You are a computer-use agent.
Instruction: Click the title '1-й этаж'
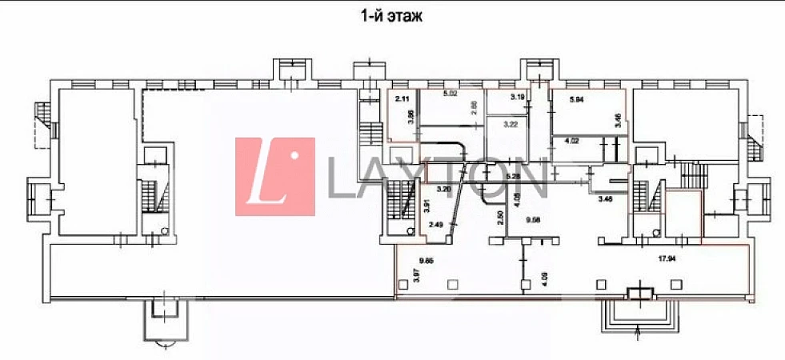pos(391,15)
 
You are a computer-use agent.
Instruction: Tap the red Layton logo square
pos(274,177)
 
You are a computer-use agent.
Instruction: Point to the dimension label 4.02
pos(572,141)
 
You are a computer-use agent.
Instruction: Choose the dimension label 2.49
pos(436,225)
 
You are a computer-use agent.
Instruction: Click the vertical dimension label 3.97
pos(415,275)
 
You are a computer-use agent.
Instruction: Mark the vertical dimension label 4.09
pos(546,279)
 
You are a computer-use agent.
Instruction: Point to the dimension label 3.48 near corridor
pos(606,199)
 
